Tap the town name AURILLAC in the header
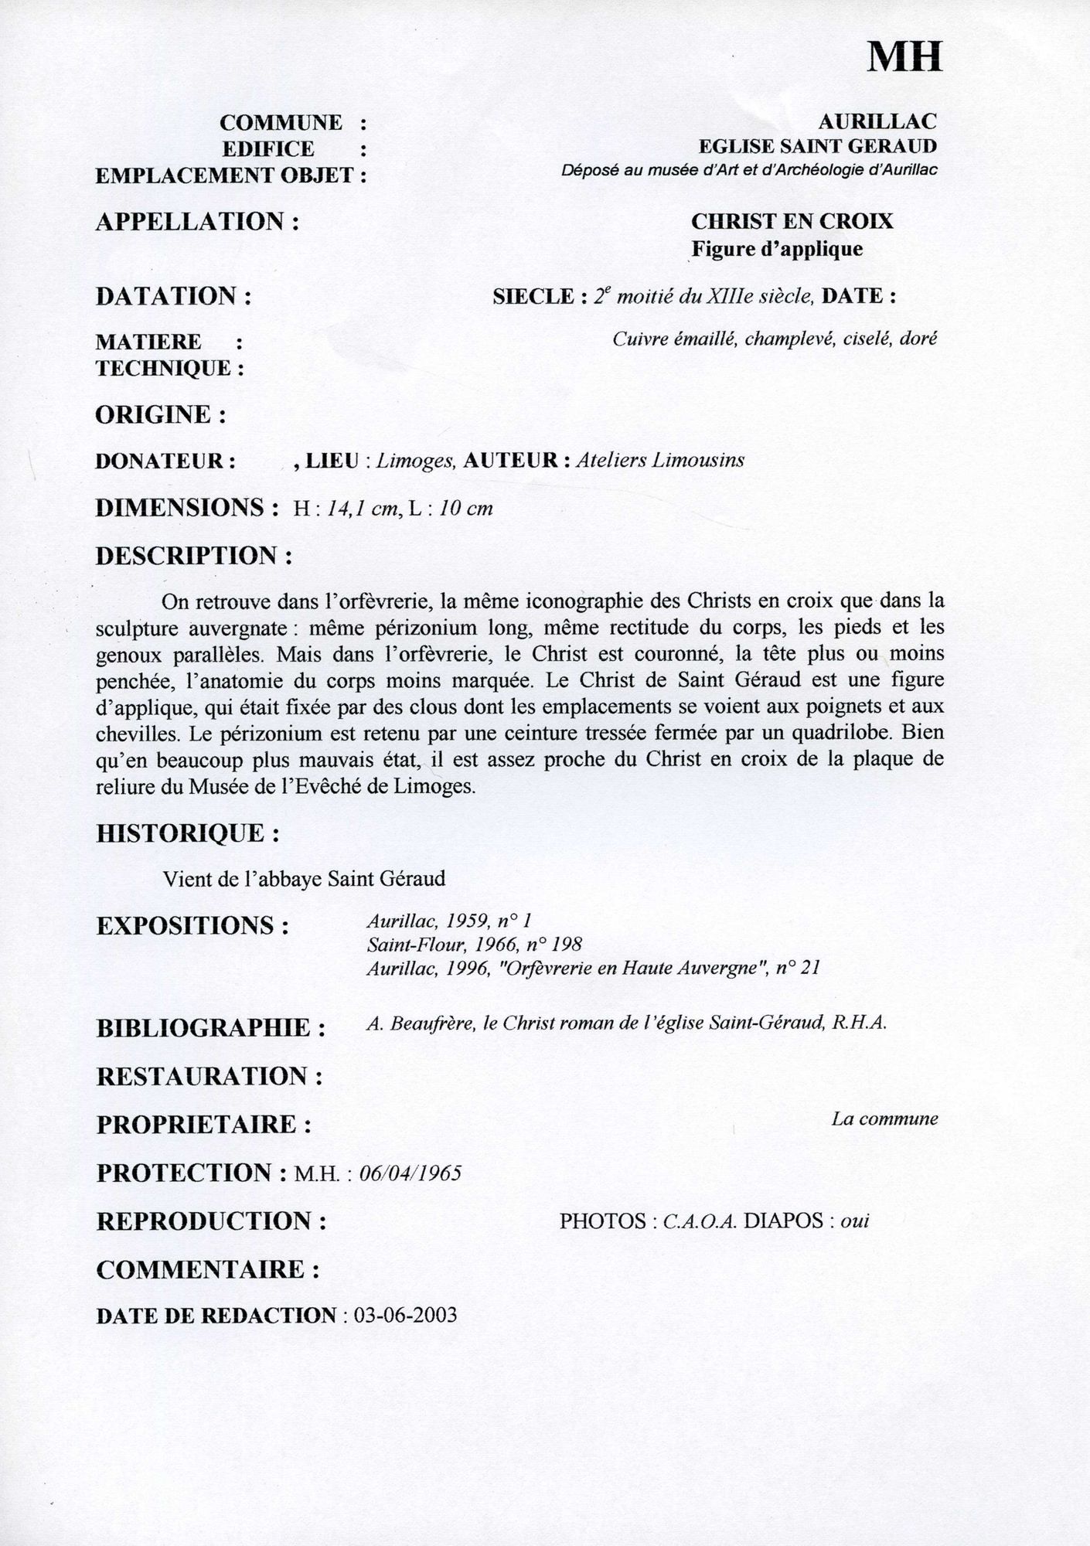tap(877, 121)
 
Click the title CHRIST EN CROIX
tap(792, 222)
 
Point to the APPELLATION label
tap(197, 222)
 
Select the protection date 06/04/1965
tap(411, 1173)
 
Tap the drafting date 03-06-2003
tap(404, 1316)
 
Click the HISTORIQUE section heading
tap(188, 833)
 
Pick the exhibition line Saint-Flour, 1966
tap(474, 944)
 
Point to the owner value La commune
tap(884, 1119)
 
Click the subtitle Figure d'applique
tap(776, 249)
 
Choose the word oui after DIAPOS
tap(854, 1221)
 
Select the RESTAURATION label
tap(209, 1076)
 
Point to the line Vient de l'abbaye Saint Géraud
tap(305, 879)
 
